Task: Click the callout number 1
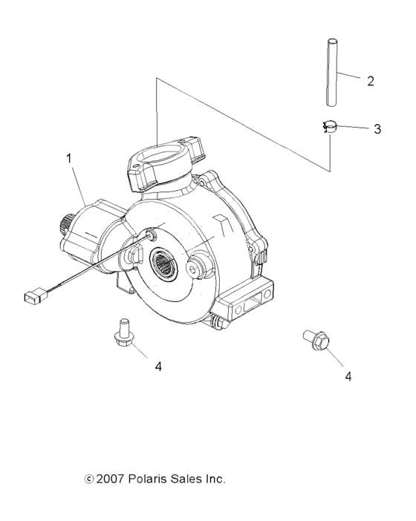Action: pos(70,158)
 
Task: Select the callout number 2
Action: pos(371,80)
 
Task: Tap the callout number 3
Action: pos(377,128)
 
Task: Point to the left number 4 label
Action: pos(157,366)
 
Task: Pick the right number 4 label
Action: pos(348,376)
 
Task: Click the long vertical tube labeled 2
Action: pos(330,74)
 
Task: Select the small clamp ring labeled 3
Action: pos(329,128)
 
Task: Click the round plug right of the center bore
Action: pos(198,269)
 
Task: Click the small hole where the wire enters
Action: pos(151,235)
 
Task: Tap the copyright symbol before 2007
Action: pos(90,480)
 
